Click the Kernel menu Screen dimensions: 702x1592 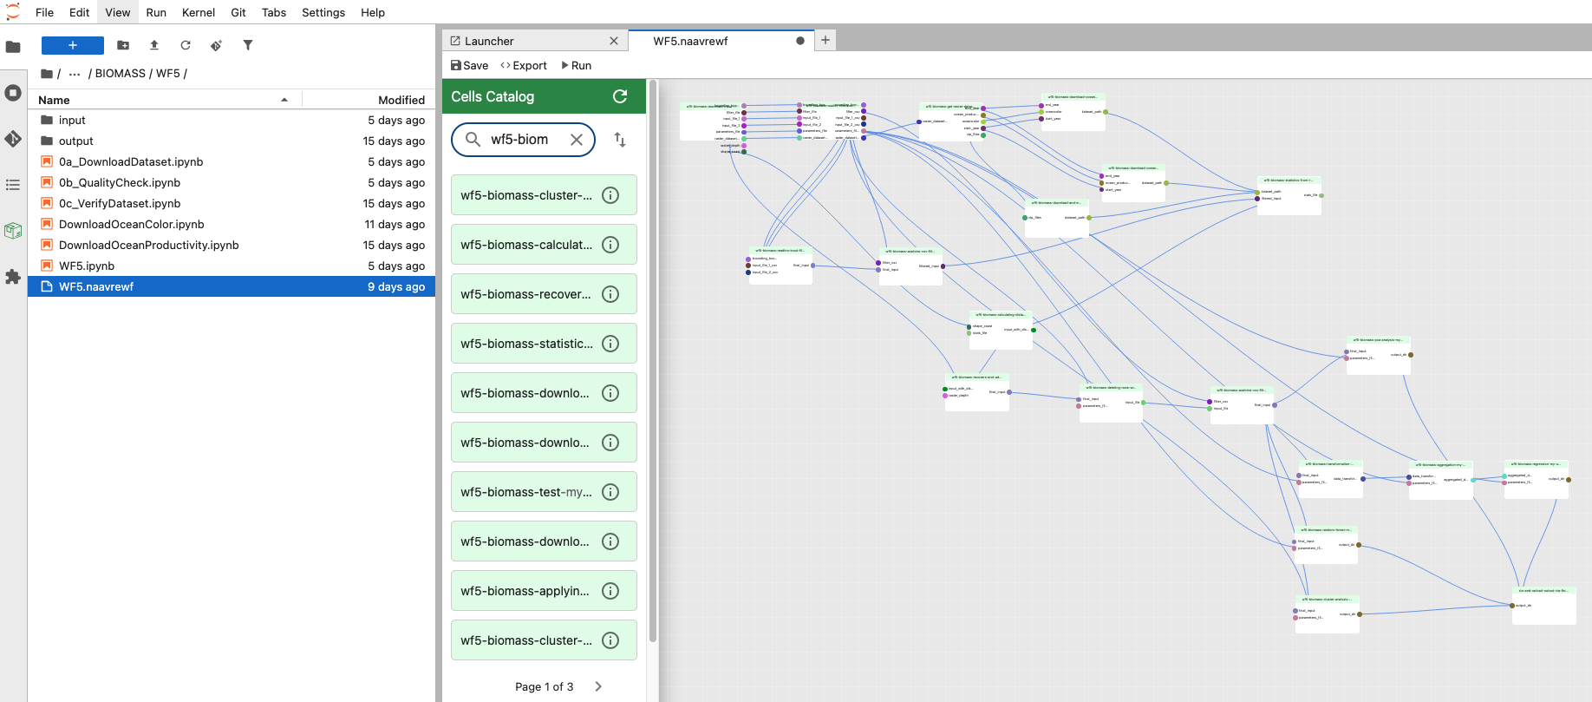coord(198,12)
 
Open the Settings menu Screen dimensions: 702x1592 coord(323,12)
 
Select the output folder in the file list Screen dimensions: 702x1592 coord(76,141)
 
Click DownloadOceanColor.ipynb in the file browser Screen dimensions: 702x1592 coord(132,224)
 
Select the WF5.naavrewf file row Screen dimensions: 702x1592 coord(96,286)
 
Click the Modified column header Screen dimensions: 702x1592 coord(401,100)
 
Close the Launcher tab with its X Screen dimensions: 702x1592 coord(614,41)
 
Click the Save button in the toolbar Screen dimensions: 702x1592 coord(469,65)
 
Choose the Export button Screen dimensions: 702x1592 coord(524,65)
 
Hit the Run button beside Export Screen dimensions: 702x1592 coord(577,65)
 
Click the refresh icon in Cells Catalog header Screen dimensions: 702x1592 coord(620,96)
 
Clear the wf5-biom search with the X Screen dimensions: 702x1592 coord(577,139)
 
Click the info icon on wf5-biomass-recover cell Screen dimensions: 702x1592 coord(610,294)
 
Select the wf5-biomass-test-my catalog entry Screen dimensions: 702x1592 coord(526,492)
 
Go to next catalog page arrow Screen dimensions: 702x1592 coord(598,686)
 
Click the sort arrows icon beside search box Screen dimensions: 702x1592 coord(620,139)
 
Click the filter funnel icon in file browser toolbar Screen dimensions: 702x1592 coord(248,45)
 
